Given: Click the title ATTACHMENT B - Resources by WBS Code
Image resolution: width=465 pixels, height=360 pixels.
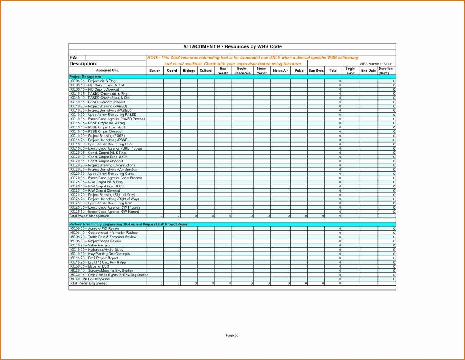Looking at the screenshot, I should click(232, 46).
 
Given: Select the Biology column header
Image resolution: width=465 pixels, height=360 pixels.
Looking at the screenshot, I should click(189, 71).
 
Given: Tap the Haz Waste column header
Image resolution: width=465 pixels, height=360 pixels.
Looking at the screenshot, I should click(223, 71).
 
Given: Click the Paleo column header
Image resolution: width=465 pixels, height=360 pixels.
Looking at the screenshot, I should click(299, 71).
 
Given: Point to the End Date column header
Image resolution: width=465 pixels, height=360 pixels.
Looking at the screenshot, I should click(368, 71).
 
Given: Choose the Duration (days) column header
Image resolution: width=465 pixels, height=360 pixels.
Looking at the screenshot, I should click(386, 71).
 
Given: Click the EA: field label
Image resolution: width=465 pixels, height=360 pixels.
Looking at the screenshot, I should click(73, 58).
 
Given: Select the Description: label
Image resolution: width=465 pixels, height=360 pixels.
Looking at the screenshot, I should click(83, 64).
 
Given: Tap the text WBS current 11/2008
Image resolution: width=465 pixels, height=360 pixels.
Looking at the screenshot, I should click(376, 64).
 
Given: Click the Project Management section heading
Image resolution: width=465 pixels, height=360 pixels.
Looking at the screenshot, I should click(86, 77).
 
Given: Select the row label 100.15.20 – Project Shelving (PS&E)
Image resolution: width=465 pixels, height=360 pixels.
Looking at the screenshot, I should click(97, 136).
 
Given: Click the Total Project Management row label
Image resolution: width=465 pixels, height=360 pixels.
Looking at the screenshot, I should click(89, 216).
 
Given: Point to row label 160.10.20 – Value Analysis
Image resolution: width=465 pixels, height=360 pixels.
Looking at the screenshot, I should click(90, 245).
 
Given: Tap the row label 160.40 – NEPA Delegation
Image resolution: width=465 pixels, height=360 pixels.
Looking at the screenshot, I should click(89, 279).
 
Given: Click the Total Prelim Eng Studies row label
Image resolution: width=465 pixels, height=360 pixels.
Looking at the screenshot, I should click(88, 283).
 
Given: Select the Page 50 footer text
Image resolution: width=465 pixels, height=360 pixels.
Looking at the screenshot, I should click(232, 336).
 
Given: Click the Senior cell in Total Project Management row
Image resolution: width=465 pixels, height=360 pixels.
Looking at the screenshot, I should click(155, 216).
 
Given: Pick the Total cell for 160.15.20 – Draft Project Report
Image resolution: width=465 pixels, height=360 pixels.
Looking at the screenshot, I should click(333, 258).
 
